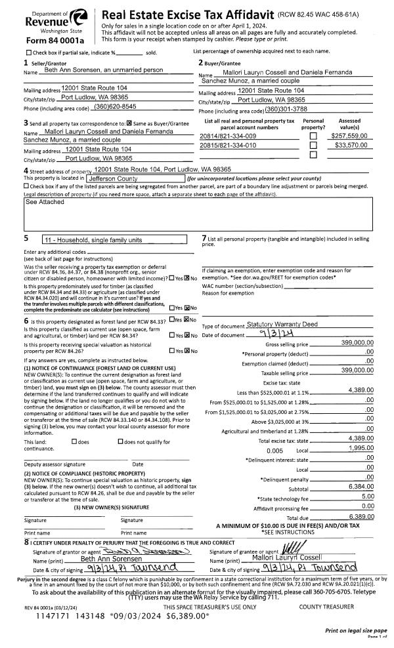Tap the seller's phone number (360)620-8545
[x=115, y=106]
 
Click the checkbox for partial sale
[x=28, y=52]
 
